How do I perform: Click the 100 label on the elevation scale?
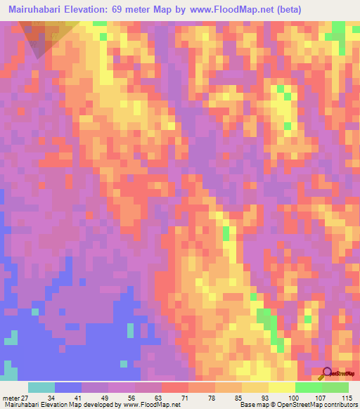coord(294,398)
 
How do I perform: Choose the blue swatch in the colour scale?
coord(67,387)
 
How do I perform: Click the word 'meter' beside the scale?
coord(10,398)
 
